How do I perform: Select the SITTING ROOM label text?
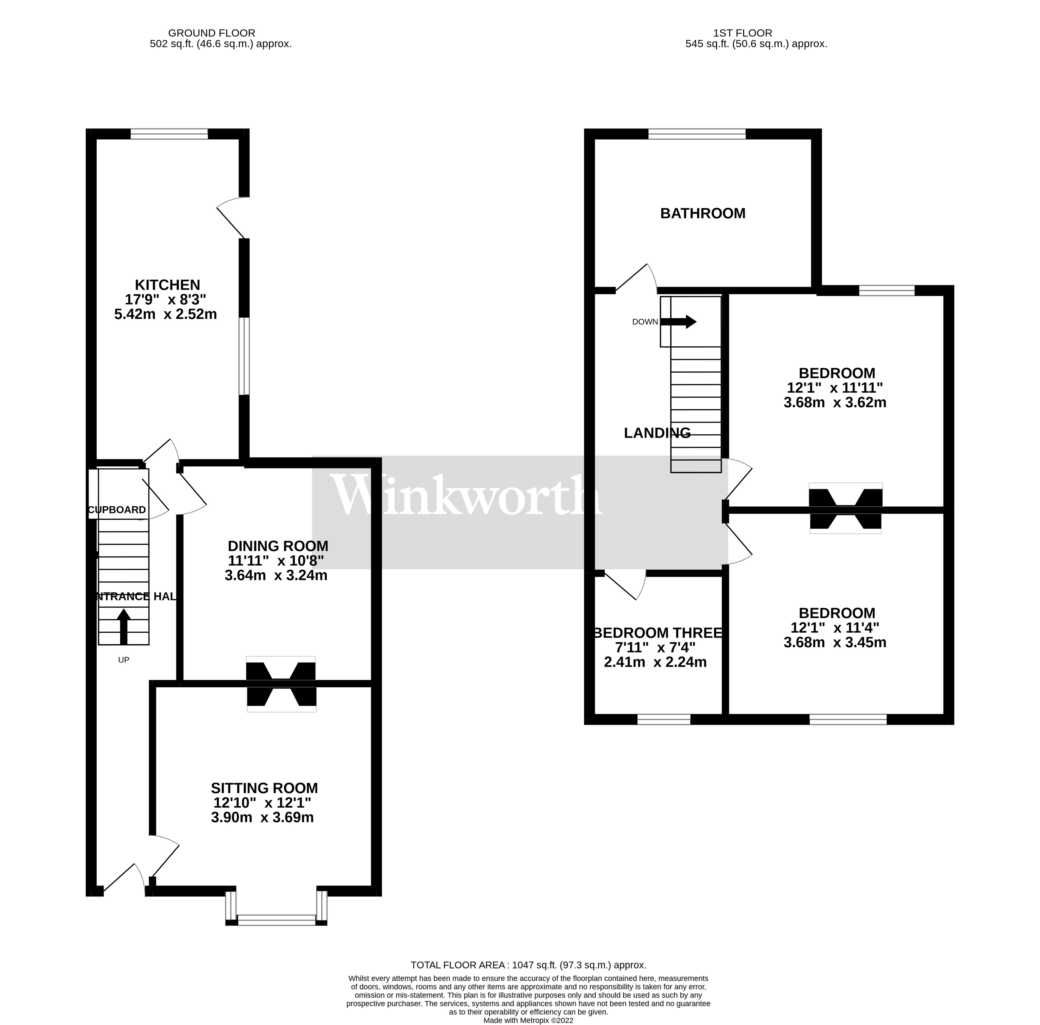pos(264,788)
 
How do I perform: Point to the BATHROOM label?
pos(702,214)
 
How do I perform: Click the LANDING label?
pos(657,433)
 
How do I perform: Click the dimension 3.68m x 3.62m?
pos(834,402)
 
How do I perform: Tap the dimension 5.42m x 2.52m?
pos(165,314)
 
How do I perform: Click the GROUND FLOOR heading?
pos(211,33)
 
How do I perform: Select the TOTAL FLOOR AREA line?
pos(528,965)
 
